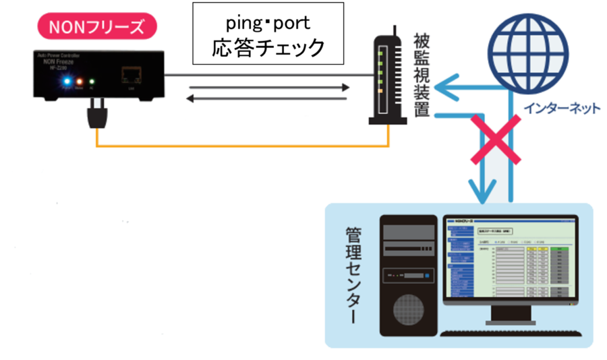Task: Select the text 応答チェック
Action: (x=268, y=48)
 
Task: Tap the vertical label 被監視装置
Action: (x=422, y=74)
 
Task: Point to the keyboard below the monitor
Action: (x=510, y=332)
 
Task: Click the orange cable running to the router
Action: (x=243, y=145)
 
